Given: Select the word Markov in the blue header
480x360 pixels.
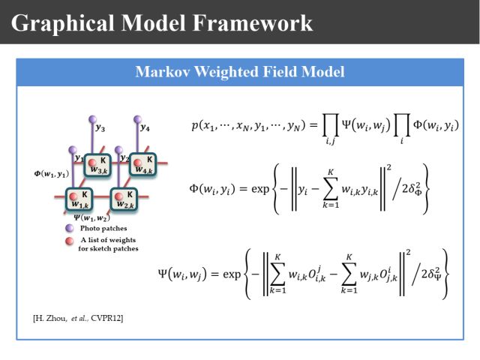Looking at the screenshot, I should [x=158, y=72].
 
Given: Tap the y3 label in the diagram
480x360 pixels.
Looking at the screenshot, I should [x=100, y=128].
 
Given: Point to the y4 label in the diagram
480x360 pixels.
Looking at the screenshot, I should [x=145, y=127].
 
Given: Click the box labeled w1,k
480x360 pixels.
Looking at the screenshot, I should [x=81, y=199].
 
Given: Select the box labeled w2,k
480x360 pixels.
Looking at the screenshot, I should [x=124, y=199].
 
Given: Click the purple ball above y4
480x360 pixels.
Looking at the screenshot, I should [x=138, y=118].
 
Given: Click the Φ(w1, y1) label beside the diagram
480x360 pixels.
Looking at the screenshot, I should [x=52, y=175].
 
